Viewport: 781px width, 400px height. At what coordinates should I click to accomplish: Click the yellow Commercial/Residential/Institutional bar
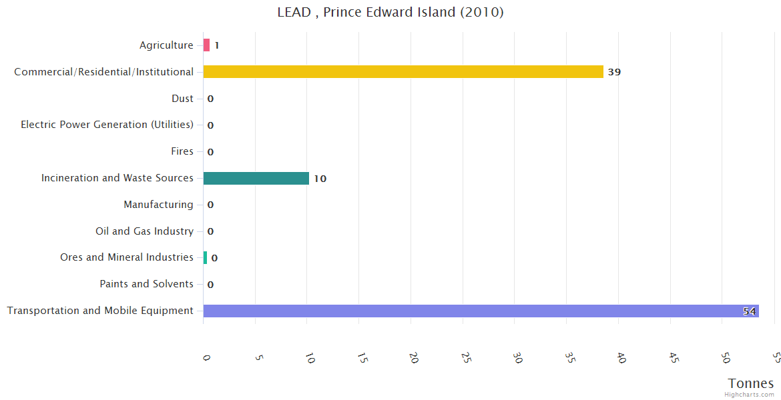tap(403, 71)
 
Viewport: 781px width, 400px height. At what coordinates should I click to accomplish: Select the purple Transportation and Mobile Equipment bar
tap(481, 311)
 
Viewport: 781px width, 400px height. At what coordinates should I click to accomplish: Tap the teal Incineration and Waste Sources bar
tap(256, 178)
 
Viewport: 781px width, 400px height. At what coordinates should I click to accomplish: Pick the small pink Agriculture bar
tap(206, 45)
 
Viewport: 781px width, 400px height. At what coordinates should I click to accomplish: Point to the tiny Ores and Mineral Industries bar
tap(205, 257)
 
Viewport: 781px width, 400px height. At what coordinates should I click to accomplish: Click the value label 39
tap(614, 72)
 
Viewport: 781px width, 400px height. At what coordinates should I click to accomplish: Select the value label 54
tap(749, 311)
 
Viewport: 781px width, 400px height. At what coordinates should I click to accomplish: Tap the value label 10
tap(320, 179)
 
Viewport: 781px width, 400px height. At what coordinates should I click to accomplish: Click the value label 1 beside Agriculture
tap(217, 45)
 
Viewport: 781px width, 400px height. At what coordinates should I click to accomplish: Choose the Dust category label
tap(182, 99)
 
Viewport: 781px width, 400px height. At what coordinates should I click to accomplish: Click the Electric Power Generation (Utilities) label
tap(107, 125)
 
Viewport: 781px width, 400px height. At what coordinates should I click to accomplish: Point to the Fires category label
tap(182, 151)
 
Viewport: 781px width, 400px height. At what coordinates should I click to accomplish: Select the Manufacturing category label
tap(158, 205)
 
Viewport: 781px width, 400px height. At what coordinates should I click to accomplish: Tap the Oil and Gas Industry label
tap(144, 231)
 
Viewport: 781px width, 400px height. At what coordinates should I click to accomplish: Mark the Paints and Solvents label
tap(146, 284)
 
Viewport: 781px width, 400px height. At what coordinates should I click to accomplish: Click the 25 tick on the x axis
tap(466, 358)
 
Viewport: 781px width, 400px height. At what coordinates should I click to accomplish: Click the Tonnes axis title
tap(750, 383)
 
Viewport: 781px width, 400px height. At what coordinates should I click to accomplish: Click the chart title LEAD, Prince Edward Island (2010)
tap(390, 12)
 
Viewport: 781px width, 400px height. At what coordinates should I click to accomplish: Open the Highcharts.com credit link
tap(750, 395)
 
